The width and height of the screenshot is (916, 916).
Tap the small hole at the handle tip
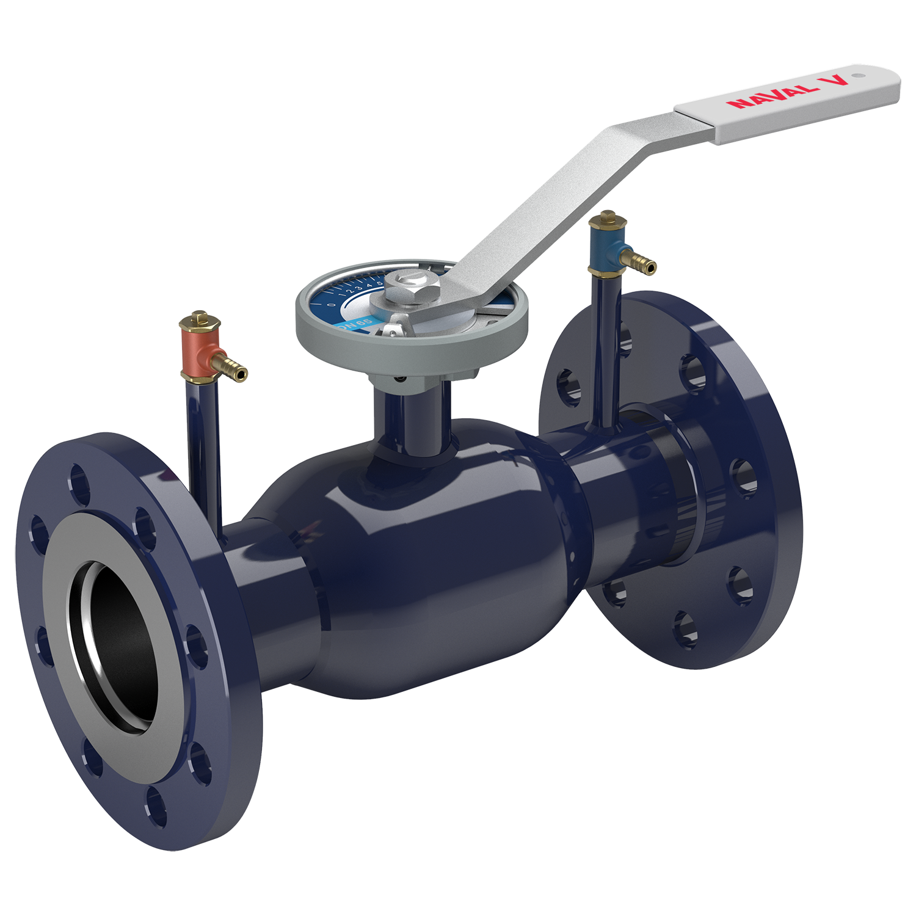point(858,76)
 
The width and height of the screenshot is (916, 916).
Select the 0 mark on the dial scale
point(331,305)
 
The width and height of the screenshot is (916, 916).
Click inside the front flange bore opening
point(116,647)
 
